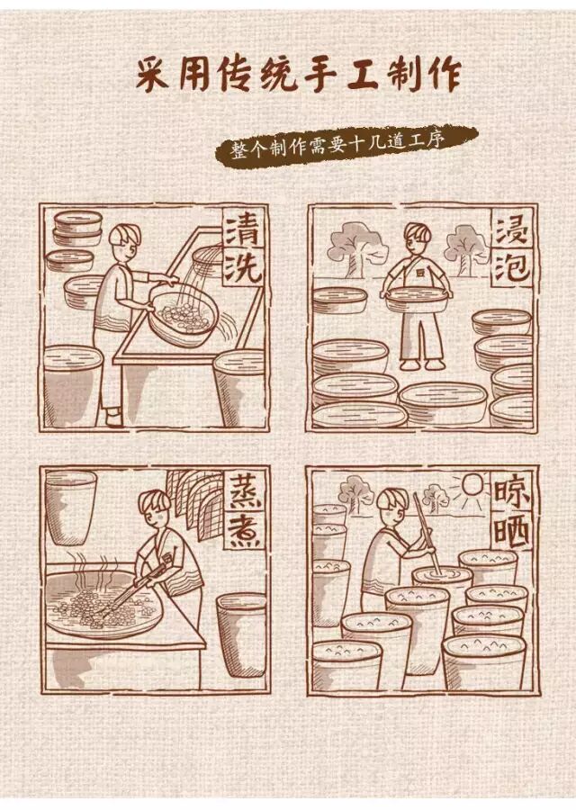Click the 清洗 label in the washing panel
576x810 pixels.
(242, 248)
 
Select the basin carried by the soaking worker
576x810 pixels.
(418, 295)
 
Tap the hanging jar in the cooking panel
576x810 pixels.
(69, 507)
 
